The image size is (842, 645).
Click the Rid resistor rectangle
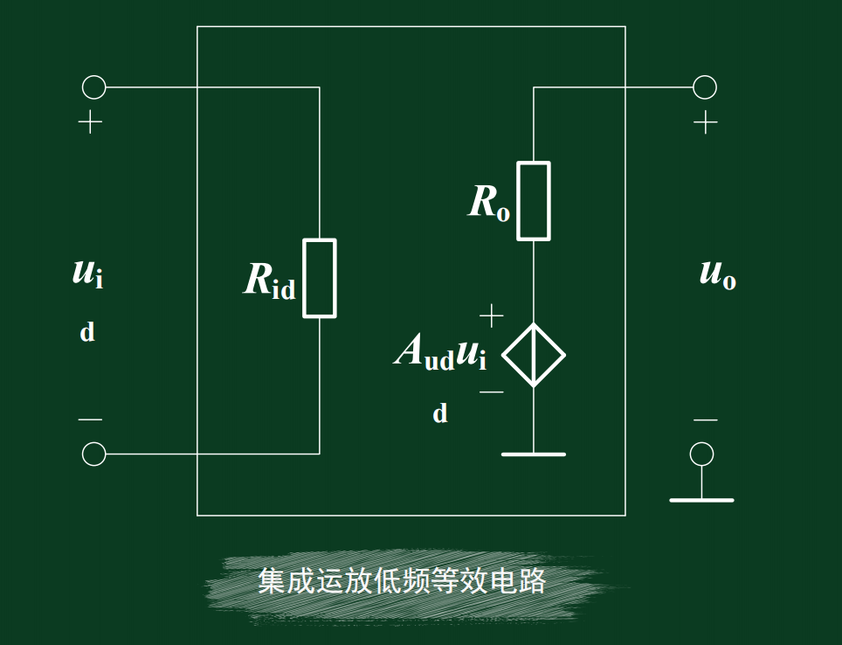click(x=320, y=278)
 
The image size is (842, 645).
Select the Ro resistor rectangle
click(x=534, y=201)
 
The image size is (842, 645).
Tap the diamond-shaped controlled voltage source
click(x=534, y=355)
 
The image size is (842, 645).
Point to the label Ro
click(x=489, y=203)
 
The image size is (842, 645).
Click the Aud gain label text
click(x=424, y=353)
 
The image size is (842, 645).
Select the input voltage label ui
click(x=87, y=273)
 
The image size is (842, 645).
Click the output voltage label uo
click(x=718, y=274)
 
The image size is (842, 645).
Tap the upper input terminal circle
click(x=93, y=87)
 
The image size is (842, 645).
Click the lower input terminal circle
click(x=93, y=454)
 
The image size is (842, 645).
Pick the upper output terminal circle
click(x=705, y=87)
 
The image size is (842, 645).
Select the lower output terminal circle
click(x=701, y=454)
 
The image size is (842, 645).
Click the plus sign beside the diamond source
click(x=492, y=316)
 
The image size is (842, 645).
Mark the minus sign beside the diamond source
click(x=492, y=392)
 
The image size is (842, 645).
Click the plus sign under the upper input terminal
click(x=90, y=122)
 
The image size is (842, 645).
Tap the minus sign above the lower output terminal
click(x=705, y=420)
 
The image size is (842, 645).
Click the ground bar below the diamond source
click(x=534, y=454)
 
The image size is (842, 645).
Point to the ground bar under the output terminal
click(x=701, y=500)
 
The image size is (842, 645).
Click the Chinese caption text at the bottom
click(x=402, y=581)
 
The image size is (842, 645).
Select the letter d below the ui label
click(x=87, y=333)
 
